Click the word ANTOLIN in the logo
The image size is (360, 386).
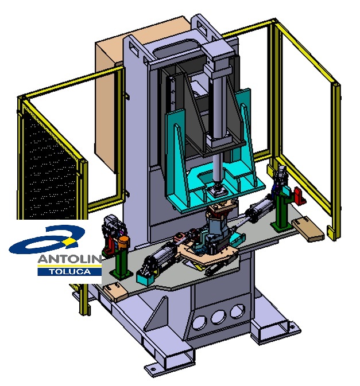point(69,259)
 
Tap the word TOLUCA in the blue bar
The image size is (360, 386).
point(70,272)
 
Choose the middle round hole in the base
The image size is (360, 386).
point(218,317)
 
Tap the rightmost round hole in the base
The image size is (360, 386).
point(237,311)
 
